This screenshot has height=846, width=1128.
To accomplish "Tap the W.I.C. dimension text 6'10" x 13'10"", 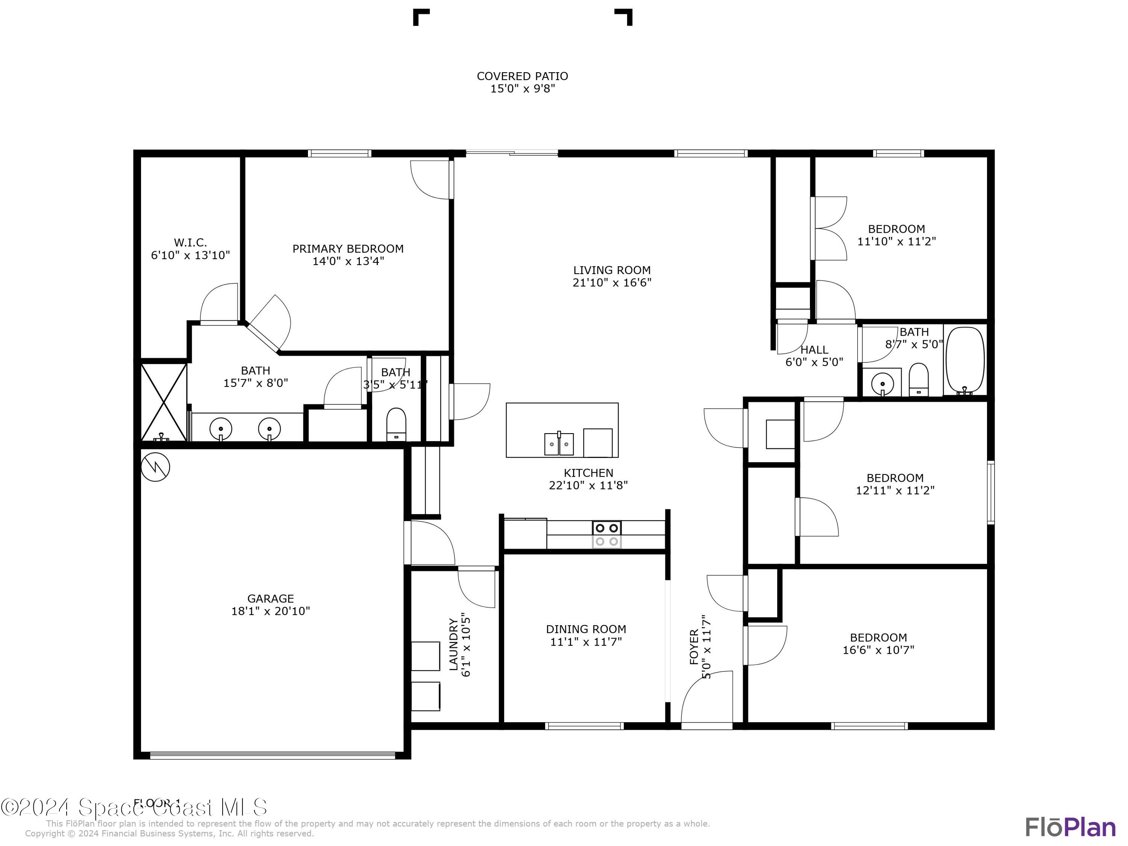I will pyautogui.click(x=190, y=255).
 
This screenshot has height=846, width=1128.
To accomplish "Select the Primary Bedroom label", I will pyautogui.click(x=348, y=249).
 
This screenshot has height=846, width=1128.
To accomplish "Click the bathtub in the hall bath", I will pyautogui.click(x=965, y=360).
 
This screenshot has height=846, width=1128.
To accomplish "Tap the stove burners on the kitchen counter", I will pyautogui.click(x=607, y=534).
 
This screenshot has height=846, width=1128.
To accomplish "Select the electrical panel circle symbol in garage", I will pyautogui.click(x=155, y=467).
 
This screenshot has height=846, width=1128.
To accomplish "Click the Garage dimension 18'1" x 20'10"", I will pyautogui.click(x=270, y=611).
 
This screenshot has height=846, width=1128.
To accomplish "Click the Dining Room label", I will pyautogui.click(x=585, y=629).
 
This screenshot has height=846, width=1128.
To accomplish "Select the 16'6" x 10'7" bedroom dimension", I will pyautogui.click(x=878, y=650).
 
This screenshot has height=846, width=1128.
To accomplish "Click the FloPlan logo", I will pyautogui.click(x=1070, y=827).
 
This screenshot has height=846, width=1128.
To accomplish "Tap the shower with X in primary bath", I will pyautogui.click(x=164, y=402).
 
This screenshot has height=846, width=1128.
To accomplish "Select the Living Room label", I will pyautogui.click(x=611, y=270).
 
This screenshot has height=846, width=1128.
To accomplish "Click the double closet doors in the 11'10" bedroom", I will pyautogui.click(x=830, y=229).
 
